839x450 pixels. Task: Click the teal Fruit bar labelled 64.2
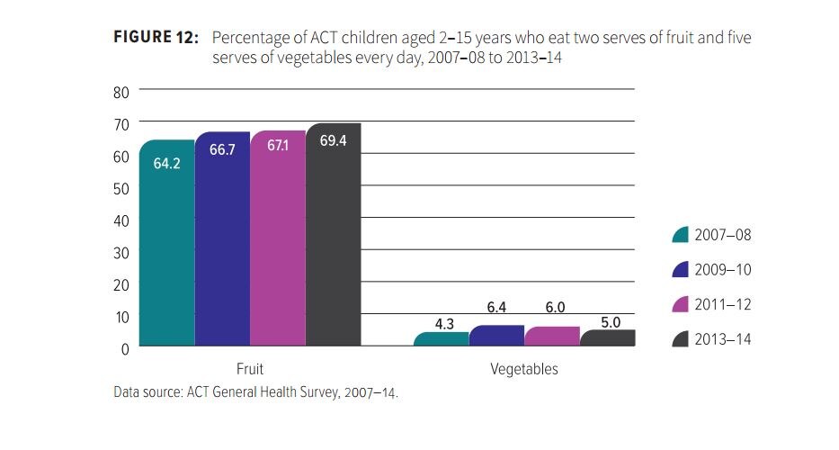click(x=166, y=243)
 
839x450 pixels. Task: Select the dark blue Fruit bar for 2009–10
click(x=222, y=239)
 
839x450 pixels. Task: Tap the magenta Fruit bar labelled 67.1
click(x=278, y=238)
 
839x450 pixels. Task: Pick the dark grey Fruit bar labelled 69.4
click(x=333, y=235)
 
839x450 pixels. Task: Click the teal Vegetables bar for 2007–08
click(x=441, y=339)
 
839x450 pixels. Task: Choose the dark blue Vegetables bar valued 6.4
click(x=496, y=336)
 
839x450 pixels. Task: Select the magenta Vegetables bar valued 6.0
click(x=551, y=337)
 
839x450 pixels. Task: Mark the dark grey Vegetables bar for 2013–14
click(x=607, y=338)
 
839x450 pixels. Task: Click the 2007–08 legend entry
click(x=711, y=235)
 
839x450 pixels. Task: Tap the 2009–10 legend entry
click(x=711, y=270)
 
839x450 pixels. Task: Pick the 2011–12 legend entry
click(x=711, y=305)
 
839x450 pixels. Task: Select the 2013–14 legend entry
click(x=711, y=339)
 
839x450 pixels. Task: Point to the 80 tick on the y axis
click(x=121, y=92)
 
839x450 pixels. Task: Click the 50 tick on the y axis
click(x=121, y=188)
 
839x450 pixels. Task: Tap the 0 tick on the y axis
click(x=125, y=348)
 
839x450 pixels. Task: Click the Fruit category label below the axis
click(x=250, y=369)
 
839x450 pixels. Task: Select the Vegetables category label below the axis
click(x=524, y=369)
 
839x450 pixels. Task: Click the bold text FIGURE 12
click(x=156, y=38)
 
